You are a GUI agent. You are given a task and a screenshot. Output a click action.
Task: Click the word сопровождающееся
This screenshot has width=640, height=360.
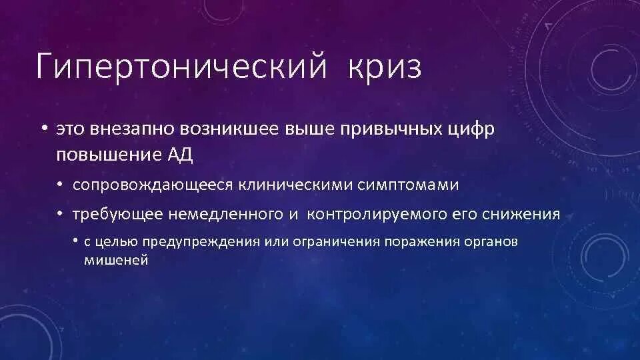point(151,185)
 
